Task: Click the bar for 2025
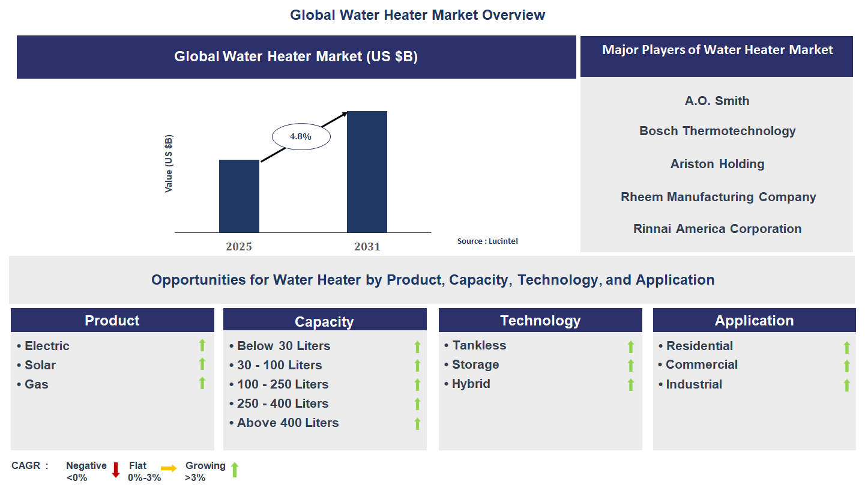point(239,196)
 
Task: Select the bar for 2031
point(367,172)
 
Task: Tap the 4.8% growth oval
point(301,136)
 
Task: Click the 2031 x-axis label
point(367,247)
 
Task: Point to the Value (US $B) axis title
point(169,164)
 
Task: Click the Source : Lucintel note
point(487,241)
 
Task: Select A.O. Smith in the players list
point(717,101)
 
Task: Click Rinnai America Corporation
point(717,229)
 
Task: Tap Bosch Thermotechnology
point(717,131)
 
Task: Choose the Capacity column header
point(324,321)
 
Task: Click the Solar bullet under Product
point(40,365)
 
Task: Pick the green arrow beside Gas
point(202,383)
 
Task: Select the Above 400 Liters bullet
point(288,423)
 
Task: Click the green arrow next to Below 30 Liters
point(417,346)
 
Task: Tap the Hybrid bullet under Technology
point(471,384)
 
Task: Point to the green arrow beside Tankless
point(630,346)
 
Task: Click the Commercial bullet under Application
point(701,364)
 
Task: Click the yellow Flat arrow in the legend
point(169,469)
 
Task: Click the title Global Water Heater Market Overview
point(417,15)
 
